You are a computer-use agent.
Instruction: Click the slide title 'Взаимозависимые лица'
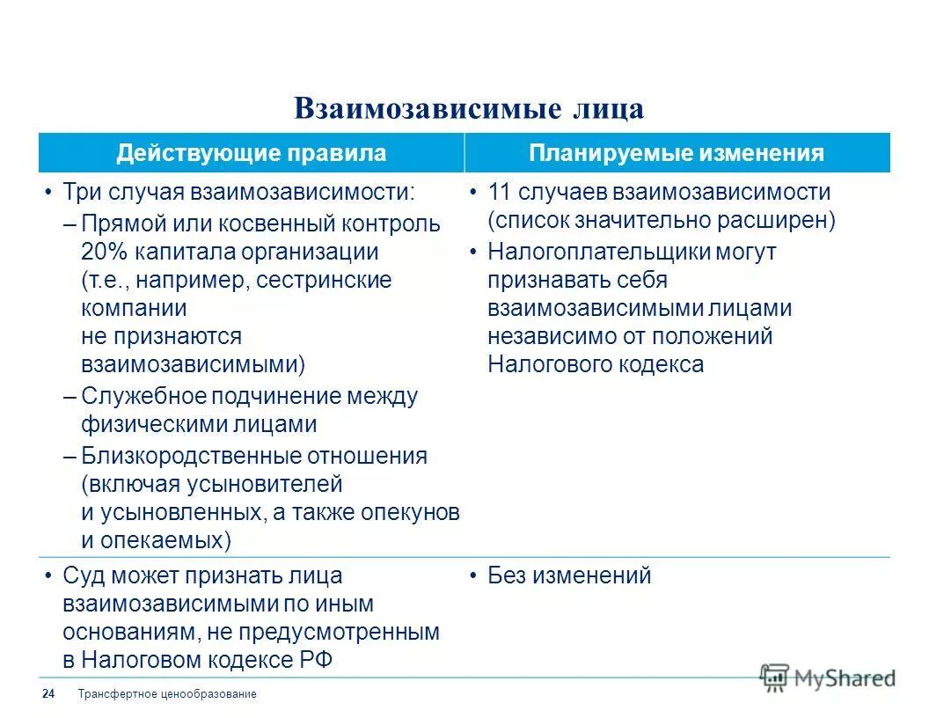(468, 108)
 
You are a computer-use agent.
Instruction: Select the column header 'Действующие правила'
(251, 153)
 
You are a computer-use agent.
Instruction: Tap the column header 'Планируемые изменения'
(677, 153)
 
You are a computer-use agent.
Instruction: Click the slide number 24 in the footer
(48, 694)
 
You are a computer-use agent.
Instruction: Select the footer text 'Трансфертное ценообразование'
(167, 694)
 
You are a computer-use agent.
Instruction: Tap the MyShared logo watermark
(827, 677)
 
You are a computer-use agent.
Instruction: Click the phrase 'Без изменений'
(569, 576)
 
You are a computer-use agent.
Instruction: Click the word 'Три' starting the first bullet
(82, 193)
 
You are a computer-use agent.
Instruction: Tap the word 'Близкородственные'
(191, 456)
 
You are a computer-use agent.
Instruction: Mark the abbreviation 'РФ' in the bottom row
(318, 660)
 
